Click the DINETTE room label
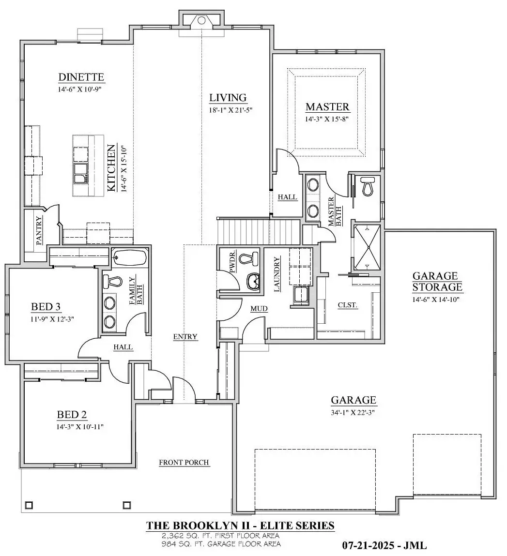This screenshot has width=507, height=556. [x=81, y=77]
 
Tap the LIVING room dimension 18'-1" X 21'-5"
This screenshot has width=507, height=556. [x=230, y=110]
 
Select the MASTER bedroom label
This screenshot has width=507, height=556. [x=327, y=107]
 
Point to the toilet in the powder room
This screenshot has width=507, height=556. [x=249, y=258]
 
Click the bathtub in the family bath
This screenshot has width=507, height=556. [x=129, y=257]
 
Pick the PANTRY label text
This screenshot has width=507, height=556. [x=39, y=231]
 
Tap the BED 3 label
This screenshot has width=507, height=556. [x=46, y=307]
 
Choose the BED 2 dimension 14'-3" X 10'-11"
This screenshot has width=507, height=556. [x=80, y=427]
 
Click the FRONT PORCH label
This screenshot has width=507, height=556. [x=184, y=463]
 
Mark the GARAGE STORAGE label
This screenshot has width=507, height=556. [x=437, y=281]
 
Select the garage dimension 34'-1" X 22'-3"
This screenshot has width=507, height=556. [x=353, y=412]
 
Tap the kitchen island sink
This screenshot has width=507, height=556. [x=81, y=173]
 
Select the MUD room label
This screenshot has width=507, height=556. [x=259, y=309]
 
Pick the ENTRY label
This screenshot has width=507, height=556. [x=185, y=336]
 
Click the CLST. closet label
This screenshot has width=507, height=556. [x=347, y=305]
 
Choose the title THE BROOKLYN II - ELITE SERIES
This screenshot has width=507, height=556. [x=240, y=525]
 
